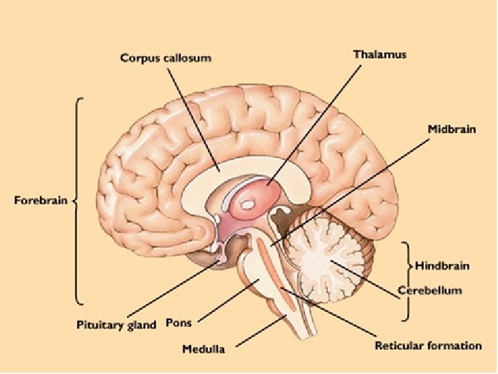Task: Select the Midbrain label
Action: point(451,130)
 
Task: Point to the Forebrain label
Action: point(41,201)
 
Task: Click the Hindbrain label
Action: point(441,265)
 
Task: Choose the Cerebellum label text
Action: point(430,291)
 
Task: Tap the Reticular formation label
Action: point(428,345)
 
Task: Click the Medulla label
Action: point(203,349)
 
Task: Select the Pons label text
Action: point(179,323)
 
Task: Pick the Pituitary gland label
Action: point(116,324)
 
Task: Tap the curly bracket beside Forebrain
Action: point(78,201)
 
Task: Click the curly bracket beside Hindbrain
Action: point(406,280)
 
